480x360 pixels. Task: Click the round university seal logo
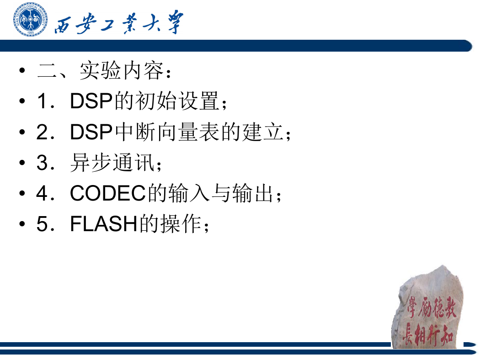[x=30, y=19]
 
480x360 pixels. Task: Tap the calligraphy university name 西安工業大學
[x=119, y=23]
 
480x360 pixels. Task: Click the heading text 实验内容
[x=121, y=71]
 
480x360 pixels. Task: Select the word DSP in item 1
[x=91, y=101]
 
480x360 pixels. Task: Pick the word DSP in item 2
[x=91, y=132]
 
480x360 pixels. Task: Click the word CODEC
[x=108, y=193]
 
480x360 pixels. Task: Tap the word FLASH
[x=103, y=224]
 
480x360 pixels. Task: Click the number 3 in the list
[x=42, y=163]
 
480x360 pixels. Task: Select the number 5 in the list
[x=42, y=224]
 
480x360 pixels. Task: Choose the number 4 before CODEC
[x=42, y=193]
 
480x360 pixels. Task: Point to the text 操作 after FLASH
[x=181, y=224]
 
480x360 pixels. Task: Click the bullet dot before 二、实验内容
[x=22, y=71]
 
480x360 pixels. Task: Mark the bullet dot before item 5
[x=22, y=224]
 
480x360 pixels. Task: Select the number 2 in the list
[x=42, y=132]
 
